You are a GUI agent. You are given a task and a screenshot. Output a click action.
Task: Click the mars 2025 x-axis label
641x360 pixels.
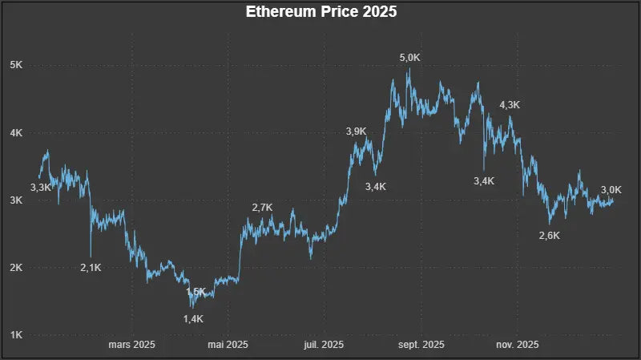pyautogui.click(x=131, y=345)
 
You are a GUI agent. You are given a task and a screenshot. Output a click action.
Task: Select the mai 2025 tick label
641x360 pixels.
pyautogui.click(x=228, y=345)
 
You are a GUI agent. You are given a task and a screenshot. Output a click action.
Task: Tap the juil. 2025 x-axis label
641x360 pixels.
pyautogui.click(x=323, y=345)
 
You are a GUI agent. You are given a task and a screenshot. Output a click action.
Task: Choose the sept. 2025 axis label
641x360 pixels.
pyautogui.click(x=421, y=345)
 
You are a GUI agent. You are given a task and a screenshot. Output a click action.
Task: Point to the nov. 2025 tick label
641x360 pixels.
pyautogui.click(x=517, y=345)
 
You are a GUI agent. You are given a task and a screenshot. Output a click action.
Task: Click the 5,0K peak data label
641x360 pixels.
pyautogui.click(x=410, y=57)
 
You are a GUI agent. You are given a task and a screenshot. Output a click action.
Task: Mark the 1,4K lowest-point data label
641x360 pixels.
pyautogui.click(x=194, y=319)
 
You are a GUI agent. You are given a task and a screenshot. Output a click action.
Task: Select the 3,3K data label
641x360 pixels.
pyautogui.click(x=41, y=188)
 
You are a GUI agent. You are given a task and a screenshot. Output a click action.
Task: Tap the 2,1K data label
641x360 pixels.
pyautogui.click(x=91, y=268)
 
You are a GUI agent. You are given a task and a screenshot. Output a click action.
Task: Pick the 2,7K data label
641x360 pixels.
pyautogui.click(x=262, y=208)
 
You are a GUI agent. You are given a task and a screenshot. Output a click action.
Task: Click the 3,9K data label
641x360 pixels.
pyautogui.click(x=357, y=131)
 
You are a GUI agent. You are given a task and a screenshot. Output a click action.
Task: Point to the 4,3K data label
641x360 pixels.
pyautogui.click(x=510, y=105)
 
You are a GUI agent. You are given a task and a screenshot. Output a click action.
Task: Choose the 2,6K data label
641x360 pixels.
pyautogui.click(x=550, y=236)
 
